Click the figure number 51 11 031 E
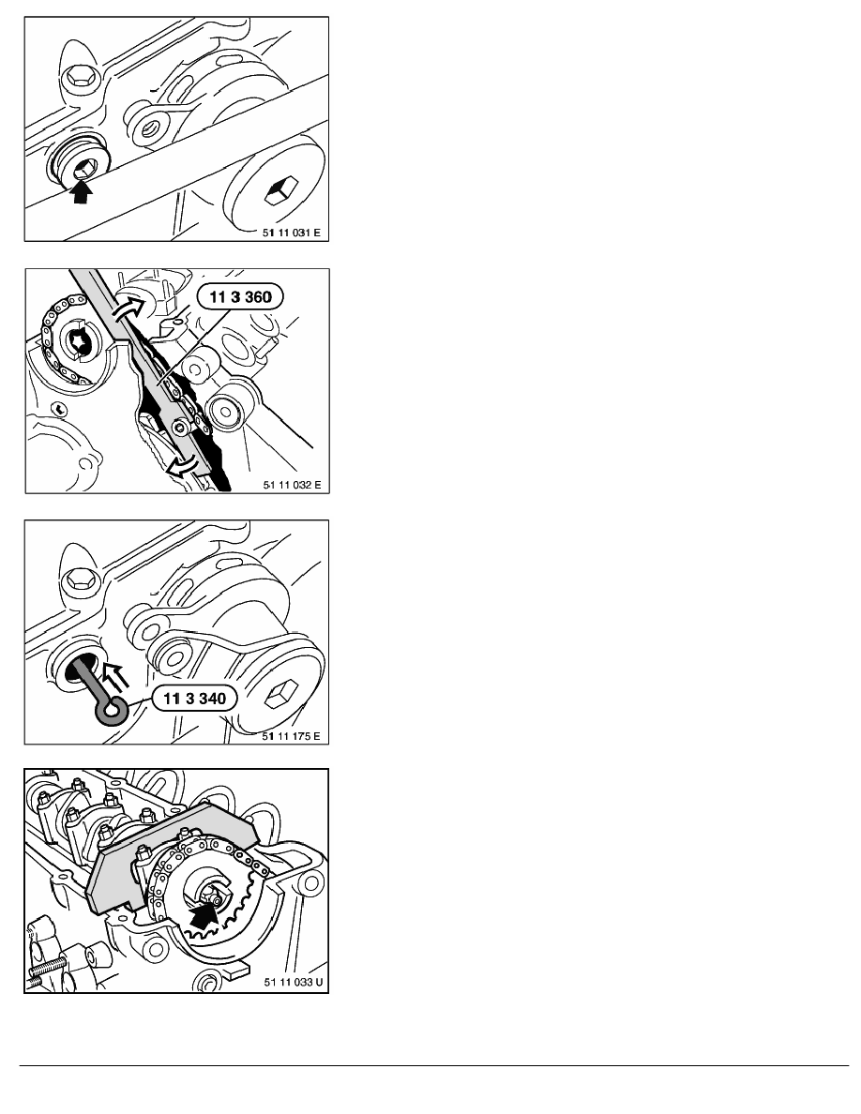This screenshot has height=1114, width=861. click(292, 233)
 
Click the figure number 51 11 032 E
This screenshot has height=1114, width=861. click(292, 485)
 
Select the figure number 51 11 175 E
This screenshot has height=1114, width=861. click(292, 736)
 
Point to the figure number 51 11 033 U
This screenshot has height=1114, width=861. click(293, 982)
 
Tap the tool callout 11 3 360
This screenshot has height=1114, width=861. click(240, 296)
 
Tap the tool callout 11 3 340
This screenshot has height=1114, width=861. click(195, 699)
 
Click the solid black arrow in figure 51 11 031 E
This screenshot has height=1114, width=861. click(83, 191)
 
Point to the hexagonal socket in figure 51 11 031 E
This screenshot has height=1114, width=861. click(279, 191)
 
